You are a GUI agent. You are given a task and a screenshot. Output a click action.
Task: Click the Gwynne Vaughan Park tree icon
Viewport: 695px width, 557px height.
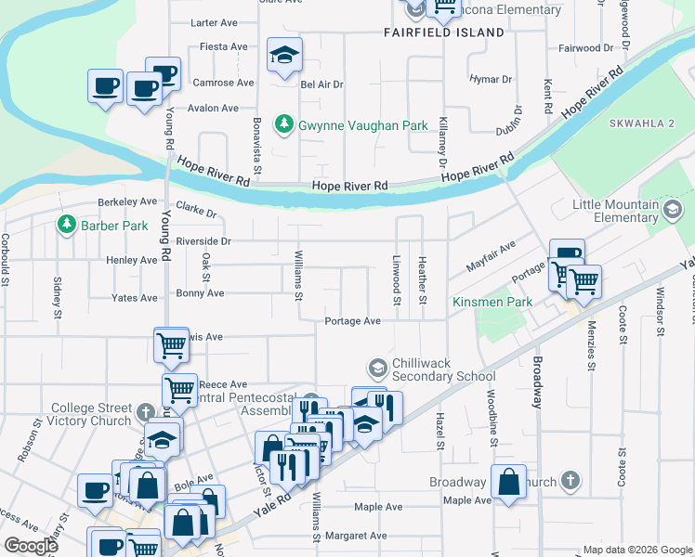[284, 124]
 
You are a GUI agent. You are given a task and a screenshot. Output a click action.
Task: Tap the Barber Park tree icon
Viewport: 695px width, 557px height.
[66, 225]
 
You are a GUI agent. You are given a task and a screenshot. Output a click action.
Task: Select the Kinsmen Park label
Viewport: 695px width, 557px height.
[492, 303]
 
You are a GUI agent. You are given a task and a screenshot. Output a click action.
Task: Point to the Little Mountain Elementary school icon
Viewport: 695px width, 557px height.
[671, 211]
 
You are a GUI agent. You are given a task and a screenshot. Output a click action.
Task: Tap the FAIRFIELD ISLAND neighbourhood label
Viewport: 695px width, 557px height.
[443, 32]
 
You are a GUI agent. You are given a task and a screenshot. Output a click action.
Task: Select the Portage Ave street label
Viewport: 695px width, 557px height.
[353, 321]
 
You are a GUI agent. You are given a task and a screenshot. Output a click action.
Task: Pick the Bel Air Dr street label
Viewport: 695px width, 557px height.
[322, 84]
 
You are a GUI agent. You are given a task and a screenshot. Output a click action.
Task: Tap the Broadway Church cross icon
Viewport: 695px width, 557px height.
[570, 482]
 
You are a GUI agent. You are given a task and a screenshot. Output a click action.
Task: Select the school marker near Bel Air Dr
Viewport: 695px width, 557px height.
[284, 55]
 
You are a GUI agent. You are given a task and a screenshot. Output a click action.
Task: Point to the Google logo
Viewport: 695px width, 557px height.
[32, 546]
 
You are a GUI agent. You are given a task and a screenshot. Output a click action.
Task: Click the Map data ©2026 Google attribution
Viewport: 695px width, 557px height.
[637, 550]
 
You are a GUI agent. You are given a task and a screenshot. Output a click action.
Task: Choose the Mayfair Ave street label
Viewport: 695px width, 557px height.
[492, 252]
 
